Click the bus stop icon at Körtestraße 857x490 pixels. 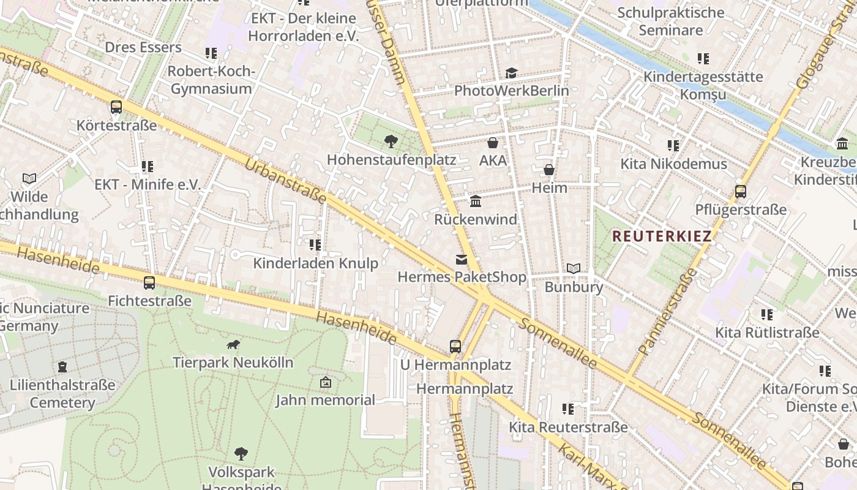pos(116,107)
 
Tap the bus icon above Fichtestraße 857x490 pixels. pos(149,282)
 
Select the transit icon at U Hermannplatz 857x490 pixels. pos(455,346)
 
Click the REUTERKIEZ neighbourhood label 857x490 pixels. pos(662,236)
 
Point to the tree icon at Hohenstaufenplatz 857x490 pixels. pos(391,142)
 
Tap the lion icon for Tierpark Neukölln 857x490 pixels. pos(233,344)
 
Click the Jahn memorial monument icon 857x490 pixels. pos(326,382)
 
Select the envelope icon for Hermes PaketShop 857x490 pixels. pos(462,260)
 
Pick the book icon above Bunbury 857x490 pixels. pos(574,268)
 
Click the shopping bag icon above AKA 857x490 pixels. pos(493,143)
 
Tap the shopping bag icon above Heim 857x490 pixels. pos(549,170)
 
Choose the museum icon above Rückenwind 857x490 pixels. pos(476,201)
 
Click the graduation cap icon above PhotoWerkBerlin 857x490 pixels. pos(511,73)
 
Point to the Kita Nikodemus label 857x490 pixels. pos(673,164)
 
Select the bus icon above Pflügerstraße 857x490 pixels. pos(741,191)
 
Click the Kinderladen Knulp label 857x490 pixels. pos(316,263)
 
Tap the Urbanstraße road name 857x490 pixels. pos(285,181)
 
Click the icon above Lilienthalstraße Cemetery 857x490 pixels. pos(62,367)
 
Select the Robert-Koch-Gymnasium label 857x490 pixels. pos(211,80)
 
